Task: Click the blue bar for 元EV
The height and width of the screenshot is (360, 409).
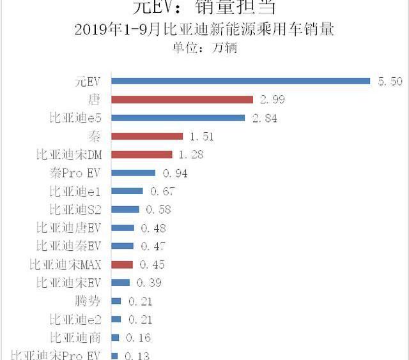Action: pos(241,81)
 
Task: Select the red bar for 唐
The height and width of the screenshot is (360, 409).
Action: pos(183,100)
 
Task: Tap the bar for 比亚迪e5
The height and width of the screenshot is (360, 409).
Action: pos(178,117)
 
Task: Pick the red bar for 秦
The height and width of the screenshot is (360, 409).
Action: pos(147,136)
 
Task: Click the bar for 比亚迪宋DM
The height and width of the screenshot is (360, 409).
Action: pos(142,154)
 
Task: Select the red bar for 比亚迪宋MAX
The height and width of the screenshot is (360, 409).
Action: pos(122,264)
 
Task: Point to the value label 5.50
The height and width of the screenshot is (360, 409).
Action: pos(390,81)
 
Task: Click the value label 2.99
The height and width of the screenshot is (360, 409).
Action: pos(272,100)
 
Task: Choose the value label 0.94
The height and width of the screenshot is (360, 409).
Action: pos(175,173)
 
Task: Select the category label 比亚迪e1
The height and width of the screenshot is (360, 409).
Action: pos(75,191)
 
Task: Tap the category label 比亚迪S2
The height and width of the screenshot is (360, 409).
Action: pos(75,209)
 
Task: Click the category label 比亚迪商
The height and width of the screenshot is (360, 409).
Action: pos(75,338)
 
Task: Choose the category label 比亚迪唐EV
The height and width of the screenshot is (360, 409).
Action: pos(69,228)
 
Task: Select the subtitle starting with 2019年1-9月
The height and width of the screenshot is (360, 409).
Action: pos(204,29)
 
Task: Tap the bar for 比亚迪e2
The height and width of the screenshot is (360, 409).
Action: pos(116,319)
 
